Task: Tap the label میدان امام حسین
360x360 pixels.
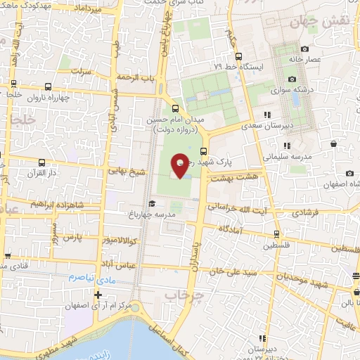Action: point(175,121)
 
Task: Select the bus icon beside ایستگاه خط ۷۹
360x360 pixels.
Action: point(239,56)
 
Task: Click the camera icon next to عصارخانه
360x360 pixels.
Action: point(304,49)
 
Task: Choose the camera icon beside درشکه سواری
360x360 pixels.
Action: point(291,79)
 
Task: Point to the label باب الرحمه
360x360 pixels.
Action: point(136,76)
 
